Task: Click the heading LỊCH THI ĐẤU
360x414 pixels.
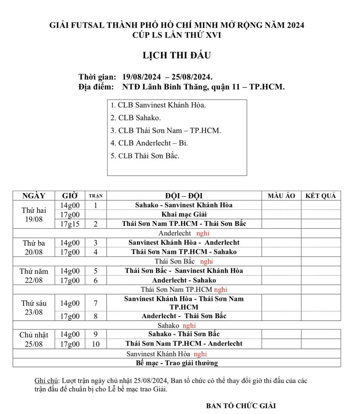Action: (x=176, y=56)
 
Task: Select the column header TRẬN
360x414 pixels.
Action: (x=95, y=196)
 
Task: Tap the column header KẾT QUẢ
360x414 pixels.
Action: (x=320, y=196)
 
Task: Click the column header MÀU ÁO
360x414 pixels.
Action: (x=281, y=196)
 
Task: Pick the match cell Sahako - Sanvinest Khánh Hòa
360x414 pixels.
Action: (x=184, y=205)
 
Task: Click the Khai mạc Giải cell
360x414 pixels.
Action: (x=184, y=215)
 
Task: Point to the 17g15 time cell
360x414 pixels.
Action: (x=70, y=224)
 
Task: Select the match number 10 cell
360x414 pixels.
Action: (x=95, y=344)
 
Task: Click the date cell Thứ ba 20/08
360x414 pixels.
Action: (x=34, y=247)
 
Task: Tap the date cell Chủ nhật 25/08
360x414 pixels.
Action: (x=34, y=339)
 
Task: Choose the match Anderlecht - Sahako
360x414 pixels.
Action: (x=184, y=280)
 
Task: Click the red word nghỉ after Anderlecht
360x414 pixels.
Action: (x=203, y=233)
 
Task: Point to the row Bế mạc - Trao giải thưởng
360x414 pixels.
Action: (x=177, y=363)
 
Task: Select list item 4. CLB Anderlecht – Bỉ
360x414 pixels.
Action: (x=149, y=143)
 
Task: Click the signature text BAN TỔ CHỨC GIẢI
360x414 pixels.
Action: (x=241, y=406)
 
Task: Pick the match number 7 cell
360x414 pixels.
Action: (x=95, y=303)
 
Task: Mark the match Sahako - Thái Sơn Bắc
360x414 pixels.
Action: (x=184, y=334)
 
